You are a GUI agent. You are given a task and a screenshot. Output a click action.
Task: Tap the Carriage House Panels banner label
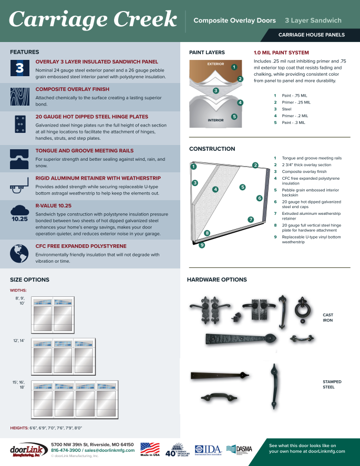311,35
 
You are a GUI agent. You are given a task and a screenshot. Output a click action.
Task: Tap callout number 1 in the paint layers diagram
233,67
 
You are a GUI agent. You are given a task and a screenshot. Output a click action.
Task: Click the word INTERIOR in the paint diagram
215,120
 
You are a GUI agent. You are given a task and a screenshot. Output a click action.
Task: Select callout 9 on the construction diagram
202,245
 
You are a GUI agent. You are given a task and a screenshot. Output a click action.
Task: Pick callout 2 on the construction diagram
255,165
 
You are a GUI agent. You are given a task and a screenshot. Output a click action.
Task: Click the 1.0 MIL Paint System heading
281,53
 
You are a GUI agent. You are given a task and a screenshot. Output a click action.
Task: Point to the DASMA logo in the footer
239,450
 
